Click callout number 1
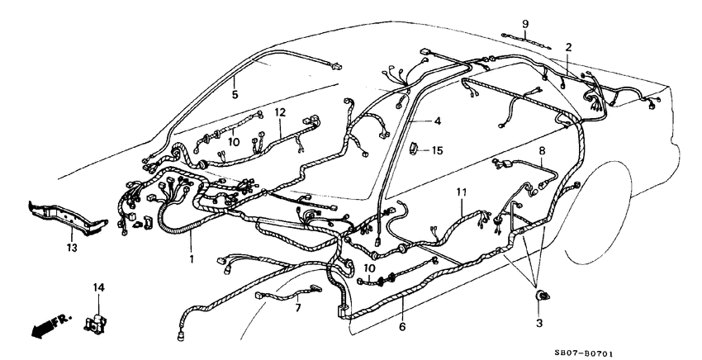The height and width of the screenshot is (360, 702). tap(192, 258)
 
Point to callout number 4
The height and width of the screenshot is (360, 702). tap(438, 121)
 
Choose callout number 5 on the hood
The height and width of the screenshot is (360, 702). tap(235, 95)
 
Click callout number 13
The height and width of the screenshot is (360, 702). tap(71, 247)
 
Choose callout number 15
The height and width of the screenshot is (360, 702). tap(438, 150)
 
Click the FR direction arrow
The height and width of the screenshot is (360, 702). tap(42, 326)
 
